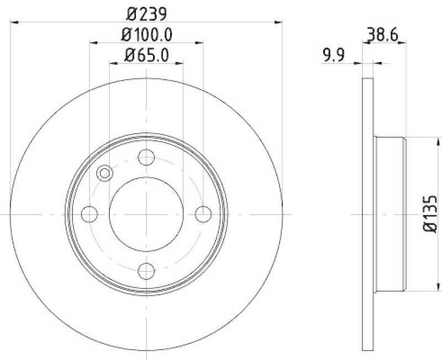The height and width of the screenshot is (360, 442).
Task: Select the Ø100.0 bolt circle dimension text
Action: coord(146,34)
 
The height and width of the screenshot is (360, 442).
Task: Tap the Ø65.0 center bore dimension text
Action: coord(146,54)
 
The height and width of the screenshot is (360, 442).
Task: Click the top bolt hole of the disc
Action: coord(146,157)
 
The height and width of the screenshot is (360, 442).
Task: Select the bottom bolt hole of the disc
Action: coord(146,270)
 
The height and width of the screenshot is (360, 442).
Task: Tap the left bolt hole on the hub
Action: coord(90,213)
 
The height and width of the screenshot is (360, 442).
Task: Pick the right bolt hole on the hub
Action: coord(203,213)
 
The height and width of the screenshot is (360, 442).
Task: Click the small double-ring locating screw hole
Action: coord(104,174)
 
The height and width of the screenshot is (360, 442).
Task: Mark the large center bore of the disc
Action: coord(146,213)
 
